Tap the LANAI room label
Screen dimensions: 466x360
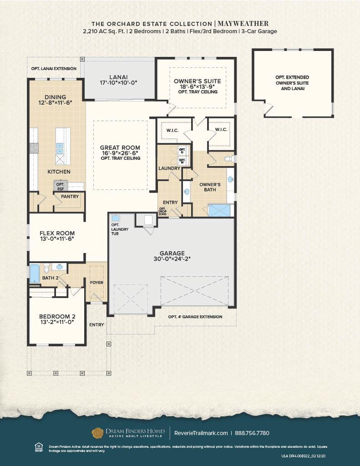click(x=118, y=77)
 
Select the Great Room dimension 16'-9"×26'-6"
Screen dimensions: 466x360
click(x=120, y=153)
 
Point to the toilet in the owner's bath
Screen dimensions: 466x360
click(x=229, y=159)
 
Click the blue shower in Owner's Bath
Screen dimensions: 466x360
click(x=219, y=210)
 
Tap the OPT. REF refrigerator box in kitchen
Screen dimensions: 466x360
click(x=60, y=186)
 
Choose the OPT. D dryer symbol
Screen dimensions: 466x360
click(x=182, y=150)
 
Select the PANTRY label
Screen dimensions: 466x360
click(x=70, y=197)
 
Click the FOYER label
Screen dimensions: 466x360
click(x=96, y=283)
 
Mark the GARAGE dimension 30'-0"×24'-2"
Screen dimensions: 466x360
click(x=172, y=259)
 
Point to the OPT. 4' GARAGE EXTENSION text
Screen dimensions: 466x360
click(x=195, y=317)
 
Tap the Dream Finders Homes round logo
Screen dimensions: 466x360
click(x=97, y=432)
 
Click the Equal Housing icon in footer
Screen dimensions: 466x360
click(x=39, y=447)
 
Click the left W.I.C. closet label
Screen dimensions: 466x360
click(x=172, y=130)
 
